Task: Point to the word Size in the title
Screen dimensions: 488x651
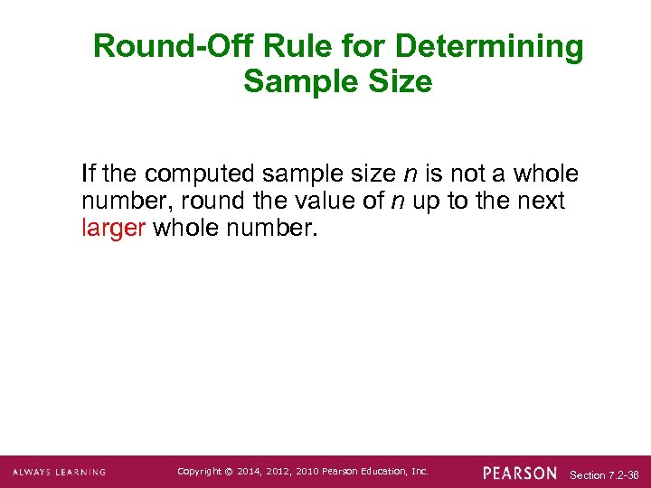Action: point(402,82)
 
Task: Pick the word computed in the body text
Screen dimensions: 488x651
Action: point(193,173)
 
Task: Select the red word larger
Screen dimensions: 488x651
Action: point(113,228)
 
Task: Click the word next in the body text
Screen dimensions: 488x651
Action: point(542,201)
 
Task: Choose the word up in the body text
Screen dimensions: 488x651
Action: point(427,201)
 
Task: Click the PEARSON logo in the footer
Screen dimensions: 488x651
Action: point(520,473)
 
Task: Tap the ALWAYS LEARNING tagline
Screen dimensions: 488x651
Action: point(59,473)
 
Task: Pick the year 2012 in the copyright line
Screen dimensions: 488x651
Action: point(279,472)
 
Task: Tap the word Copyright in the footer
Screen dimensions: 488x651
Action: point(198,472)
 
